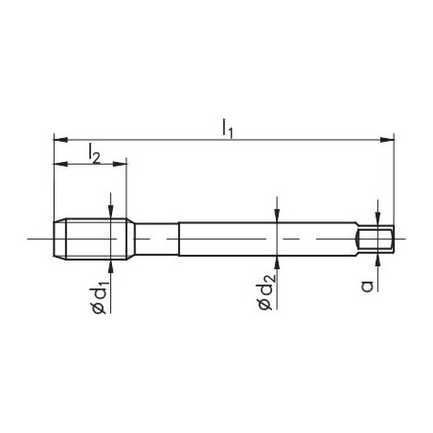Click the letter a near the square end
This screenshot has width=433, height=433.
369,285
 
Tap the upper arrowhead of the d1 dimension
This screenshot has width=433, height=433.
112,215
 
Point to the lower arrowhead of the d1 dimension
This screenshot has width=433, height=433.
112,259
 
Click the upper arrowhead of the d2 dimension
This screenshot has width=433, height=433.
276,217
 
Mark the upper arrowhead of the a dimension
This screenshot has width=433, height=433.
377,221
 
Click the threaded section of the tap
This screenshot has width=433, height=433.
91,237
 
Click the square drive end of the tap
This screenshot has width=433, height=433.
376,238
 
